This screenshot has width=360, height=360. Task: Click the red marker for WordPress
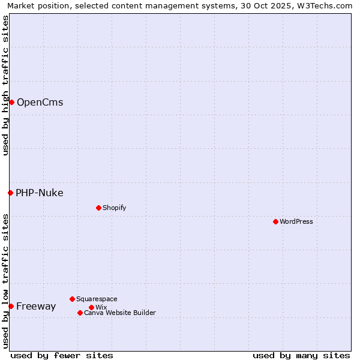click(275, 221)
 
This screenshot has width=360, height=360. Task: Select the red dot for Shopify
click(98, 208)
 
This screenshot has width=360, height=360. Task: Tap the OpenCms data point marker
click(11, 102)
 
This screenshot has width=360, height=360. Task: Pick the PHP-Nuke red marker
click(10, 193)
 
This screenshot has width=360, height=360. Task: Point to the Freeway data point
click(11, 306)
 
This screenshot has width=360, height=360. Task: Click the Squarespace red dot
click(72, 299)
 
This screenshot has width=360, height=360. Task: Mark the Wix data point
click(91, 307)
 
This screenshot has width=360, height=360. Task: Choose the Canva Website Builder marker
click(80, 313)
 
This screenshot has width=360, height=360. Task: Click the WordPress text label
click(296, 221)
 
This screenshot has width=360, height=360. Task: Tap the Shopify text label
click(114, 208)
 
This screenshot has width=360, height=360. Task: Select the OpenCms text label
click(40, 102)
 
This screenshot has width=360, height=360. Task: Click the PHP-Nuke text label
click(39, 193)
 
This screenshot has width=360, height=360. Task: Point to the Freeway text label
click(36, 306)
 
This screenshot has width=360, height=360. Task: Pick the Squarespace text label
click(97, 299)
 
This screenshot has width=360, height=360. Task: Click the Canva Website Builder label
click(119, 313)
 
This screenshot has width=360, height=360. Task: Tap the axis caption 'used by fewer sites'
click(62, 355)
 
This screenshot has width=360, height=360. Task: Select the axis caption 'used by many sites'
click(301, 355)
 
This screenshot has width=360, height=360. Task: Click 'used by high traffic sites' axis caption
click(5, 85)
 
